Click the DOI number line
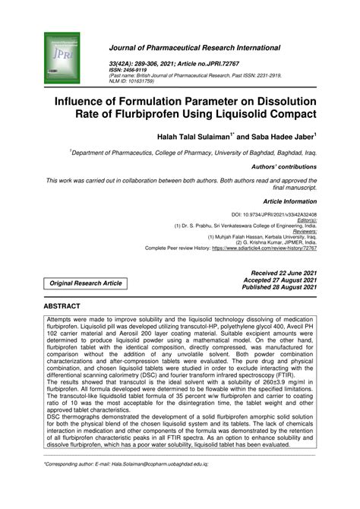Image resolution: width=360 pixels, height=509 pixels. pos(274,215)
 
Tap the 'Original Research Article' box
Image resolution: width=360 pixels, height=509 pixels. pos(86,283)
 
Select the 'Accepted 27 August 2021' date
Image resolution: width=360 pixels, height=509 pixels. pos(278,280)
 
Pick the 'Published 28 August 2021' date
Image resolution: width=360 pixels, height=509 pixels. pos(278,287)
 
